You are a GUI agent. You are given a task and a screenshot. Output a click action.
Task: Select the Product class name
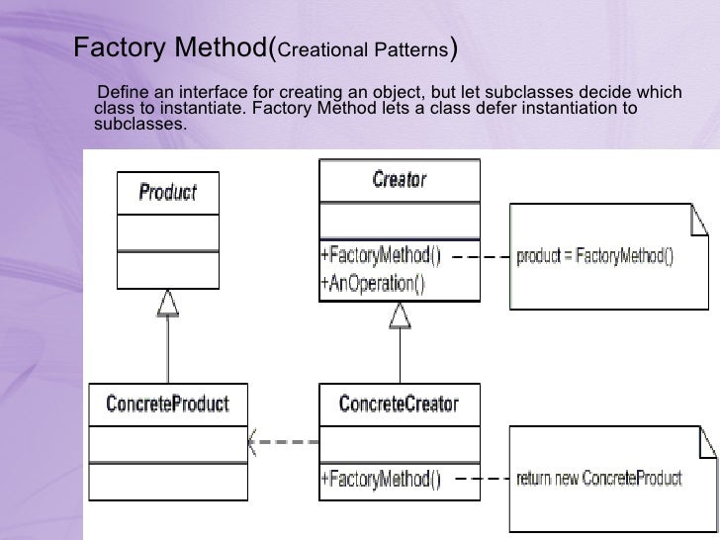[x=167, y=192]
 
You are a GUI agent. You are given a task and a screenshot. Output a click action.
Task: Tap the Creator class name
[x=399, y=179]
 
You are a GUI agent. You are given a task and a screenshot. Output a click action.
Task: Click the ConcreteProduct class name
[x=167, y=404]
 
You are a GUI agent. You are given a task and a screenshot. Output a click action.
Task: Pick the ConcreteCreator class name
[x=399, y=404]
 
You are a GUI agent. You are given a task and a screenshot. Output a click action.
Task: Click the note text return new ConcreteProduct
[x=599, y=480]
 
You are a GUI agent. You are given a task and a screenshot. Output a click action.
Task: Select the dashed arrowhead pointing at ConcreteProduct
[x=255, y=438]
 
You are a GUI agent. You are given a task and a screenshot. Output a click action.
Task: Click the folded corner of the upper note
[x=698, y=224]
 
